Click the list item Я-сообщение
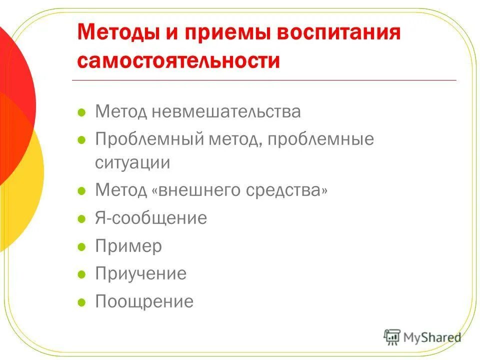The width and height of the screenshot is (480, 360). click(x=150, y=218)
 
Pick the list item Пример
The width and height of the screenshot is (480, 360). click(x=128, y=246)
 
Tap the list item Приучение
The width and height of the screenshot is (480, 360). click(x=140, y=273)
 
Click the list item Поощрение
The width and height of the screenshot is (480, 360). click(x=144, y=301)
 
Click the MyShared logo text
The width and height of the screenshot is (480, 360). click(x=432, y=337)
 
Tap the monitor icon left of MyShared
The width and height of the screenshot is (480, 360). click(x=392, y=337)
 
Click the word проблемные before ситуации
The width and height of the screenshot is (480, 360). click(x=320, y=139)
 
